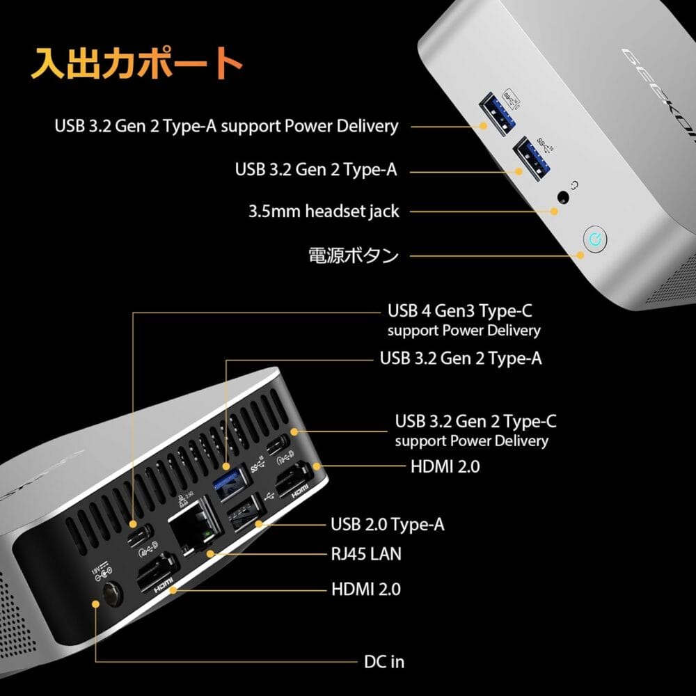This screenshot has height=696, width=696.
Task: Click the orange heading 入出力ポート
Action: point(136,65)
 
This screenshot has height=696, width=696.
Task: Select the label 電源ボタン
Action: point(354,255)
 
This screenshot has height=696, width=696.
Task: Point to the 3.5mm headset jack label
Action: point(324,211)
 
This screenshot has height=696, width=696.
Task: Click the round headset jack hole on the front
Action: point(562,198)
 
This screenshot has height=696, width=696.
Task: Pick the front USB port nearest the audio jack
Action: point(531,155)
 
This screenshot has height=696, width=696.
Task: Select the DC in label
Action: point(383,661)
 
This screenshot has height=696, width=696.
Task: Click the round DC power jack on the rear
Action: point(111,594)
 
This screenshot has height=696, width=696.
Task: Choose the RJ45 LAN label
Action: point(365,554)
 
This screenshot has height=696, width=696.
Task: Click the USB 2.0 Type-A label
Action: point(387,524)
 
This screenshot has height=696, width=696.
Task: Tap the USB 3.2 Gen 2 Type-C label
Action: point(475,421)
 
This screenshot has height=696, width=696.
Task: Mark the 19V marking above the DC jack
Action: point(96,569)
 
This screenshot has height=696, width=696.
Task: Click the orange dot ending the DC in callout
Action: point(95,603)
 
